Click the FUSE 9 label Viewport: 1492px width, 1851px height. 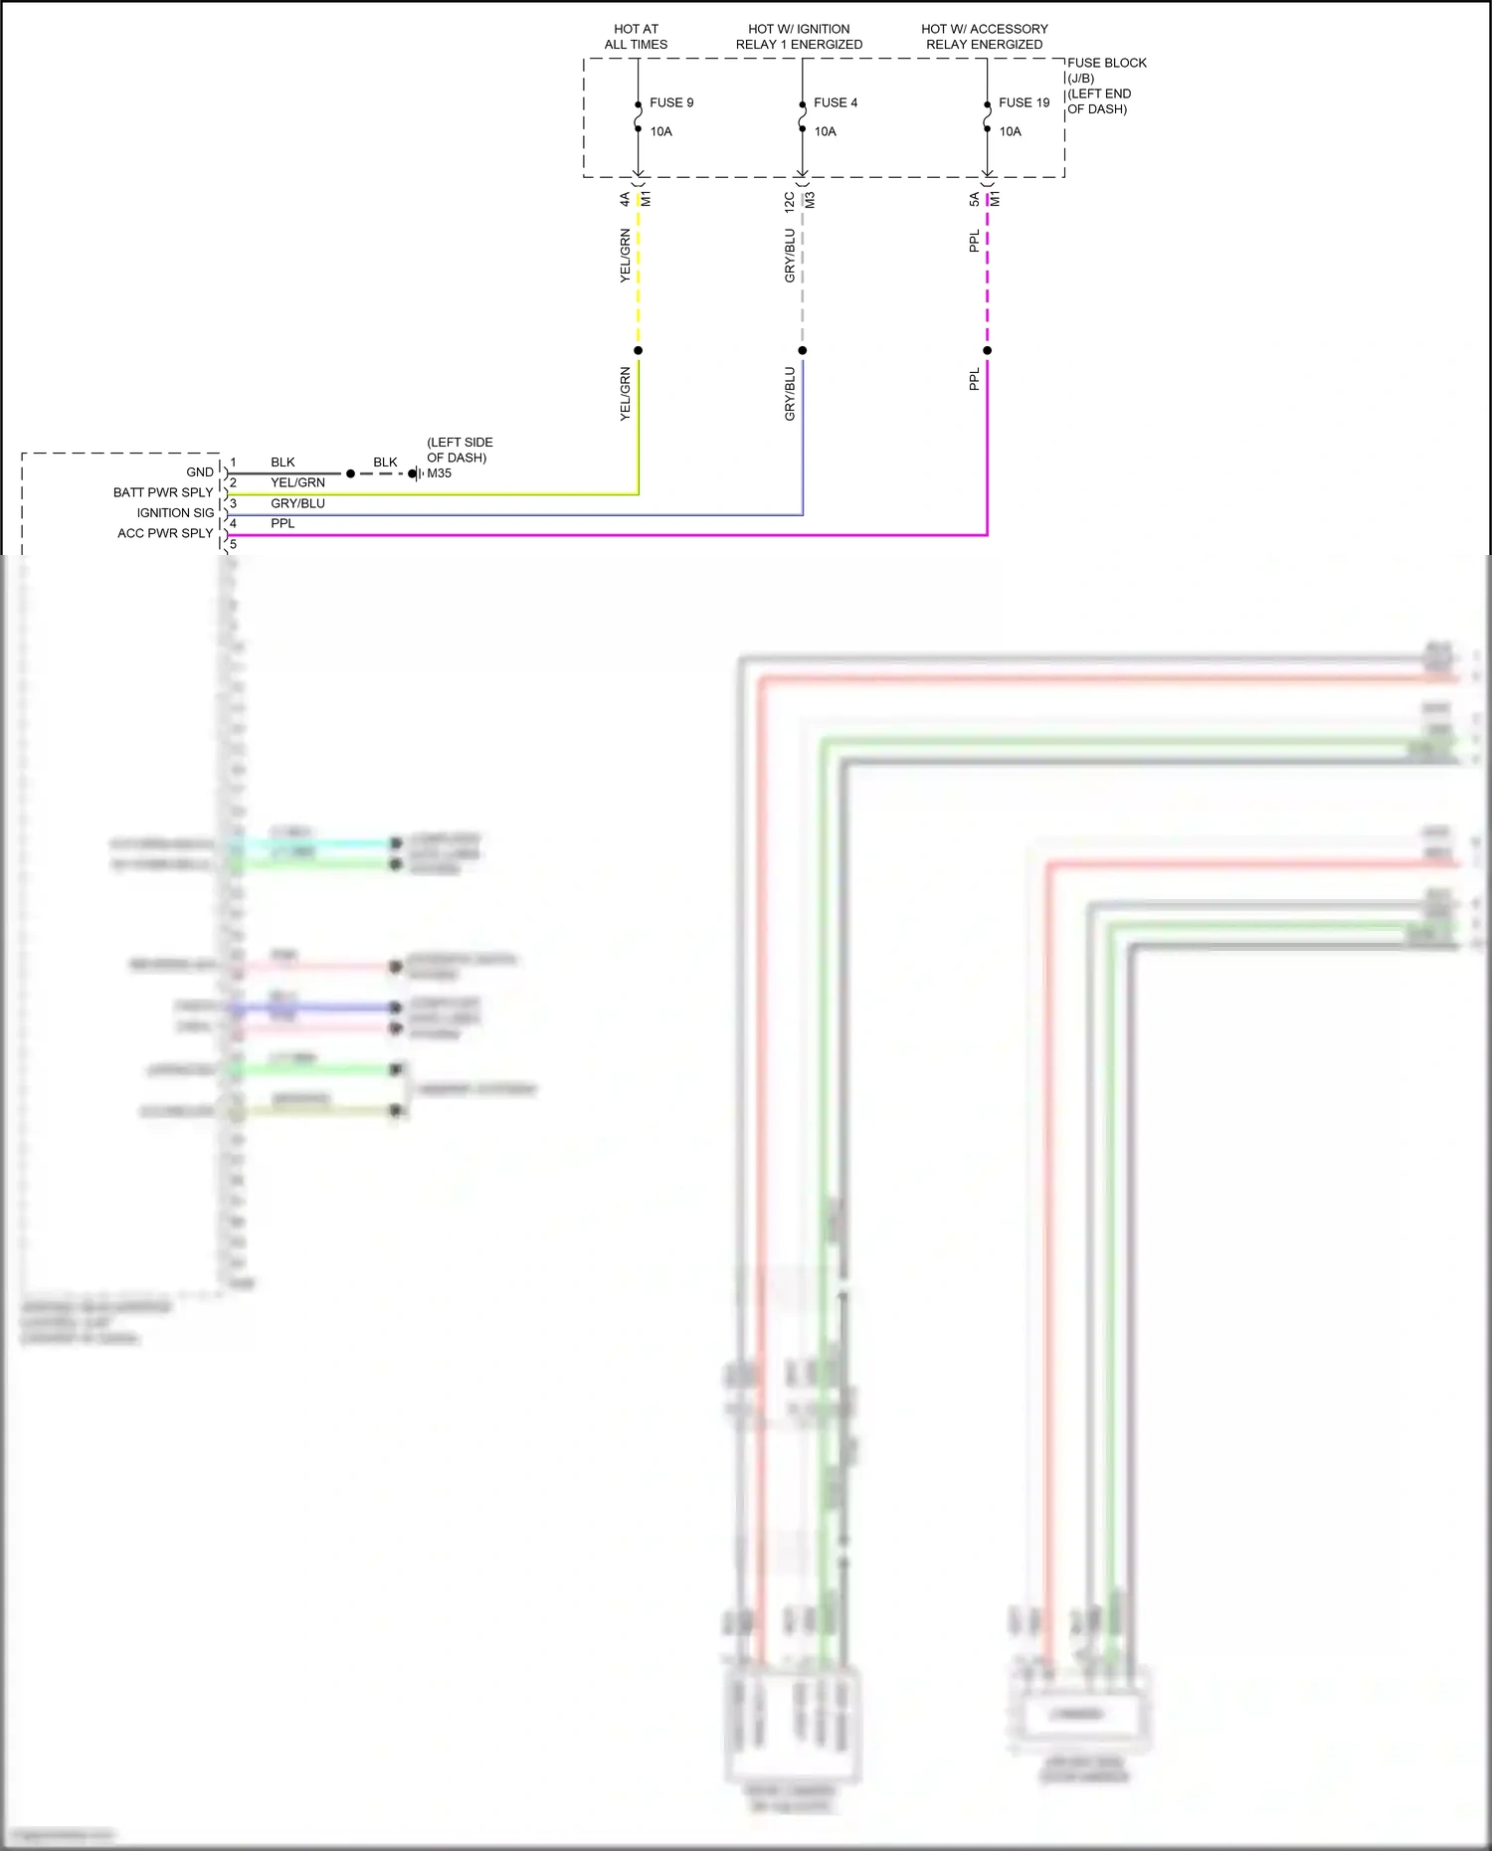[671, 102]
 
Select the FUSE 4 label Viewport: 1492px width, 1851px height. [835, 102]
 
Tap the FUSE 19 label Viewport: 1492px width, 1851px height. [1024, 102]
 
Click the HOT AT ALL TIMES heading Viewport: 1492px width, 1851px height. [636, 37]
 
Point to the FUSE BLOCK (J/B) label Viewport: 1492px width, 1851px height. [1106, 70]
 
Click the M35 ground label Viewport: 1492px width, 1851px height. [439, 473]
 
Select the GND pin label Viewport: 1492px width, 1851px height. [200, 472]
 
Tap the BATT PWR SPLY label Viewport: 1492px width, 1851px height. [163, 492]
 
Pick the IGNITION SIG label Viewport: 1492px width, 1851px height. [175, 513]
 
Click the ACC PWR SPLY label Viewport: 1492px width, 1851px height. [165, 533]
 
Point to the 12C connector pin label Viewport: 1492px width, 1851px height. [790, 202]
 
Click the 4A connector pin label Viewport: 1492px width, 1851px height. [625, 200]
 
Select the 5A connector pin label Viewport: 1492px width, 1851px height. [974, 200]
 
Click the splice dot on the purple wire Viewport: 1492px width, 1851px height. [987, 350]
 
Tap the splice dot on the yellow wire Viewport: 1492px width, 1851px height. [638, 350]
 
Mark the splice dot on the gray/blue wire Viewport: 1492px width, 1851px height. [802, 350]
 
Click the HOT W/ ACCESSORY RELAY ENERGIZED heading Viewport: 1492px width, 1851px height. [984, 37]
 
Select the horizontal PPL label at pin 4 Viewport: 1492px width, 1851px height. [282, 523]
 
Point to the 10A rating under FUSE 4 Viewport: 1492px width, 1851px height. [825, 131]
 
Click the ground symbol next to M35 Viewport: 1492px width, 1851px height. [416, 473]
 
